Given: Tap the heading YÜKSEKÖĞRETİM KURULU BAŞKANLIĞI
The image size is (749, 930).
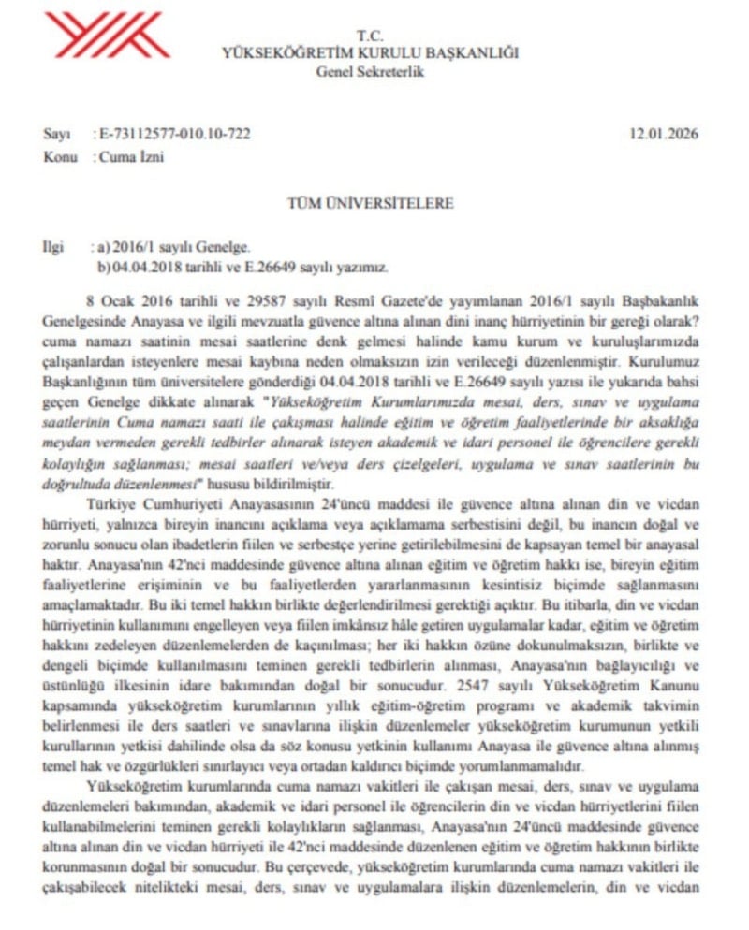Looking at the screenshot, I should [370, 52].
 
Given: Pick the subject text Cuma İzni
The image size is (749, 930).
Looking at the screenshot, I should [131, 156].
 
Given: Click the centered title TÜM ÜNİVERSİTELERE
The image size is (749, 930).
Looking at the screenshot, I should [370, 203].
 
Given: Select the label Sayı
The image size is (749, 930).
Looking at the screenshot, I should [57, 134].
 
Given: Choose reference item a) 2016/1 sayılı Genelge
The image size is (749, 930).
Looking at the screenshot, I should [174, 248].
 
